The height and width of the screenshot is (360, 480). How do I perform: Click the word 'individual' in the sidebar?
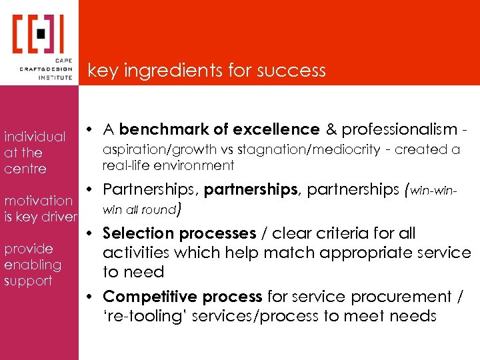pyautogui.click(x=35, y=137)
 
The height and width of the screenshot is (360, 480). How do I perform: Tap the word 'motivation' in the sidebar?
pyautogui.click(x=39, y=200)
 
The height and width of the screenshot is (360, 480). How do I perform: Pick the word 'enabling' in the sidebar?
pyautogui.click(x=33, y=265)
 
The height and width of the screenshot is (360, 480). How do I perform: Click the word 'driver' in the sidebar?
pyautogui.click(x=59, y=217)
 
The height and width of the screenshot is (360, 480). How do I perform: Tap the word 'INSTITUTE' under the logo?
pyautogui.click(x=55, y=77)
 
